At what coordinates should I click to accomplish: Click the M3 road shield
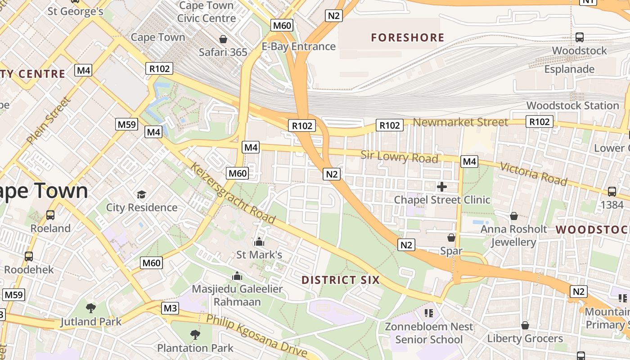click(x=170, y=308)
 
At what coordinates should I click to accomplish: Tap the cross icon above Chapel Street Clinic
click(x=442, y=186)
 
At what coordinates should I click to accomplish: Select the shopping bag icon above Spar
click(x=451, y=237)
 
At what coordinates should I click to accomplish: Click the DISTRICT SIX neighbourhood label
click(x=341, y=280)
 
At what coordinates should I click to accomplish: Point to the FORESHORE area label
click(x=408, y=37)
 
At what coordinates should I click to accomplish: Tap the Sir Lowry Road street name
click(x=399, y=157)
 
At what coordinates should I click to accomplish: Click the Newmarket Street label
click(x=460, y=122)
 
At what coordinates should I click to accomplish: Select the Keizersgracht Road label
click(x=232, y=193)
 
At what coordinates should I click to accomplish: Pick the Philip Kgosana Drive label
click(x=257, y=336)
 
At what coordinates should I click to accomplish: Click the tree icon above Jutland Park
click(x=91, y=308)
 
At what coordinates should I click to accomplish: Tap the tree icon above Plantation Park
click(x=195, y=334)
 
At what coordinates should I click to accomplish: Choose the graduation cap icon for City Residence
click(x=142, y=194)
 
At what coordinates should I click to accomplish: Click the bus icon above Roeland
click(x=50, y=215)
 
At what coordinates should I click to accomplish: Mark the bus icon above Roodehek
click(x=29, y=256)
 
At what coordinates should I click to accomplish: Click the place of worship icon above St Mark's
click(x=259, y=242)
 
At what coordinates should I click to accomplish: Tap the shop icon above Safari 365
click(x=223, y=39)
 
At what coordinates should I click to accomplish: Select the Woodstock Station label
click(x=572, y=105)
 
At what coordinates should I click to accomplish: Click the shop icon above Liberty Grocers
click(x=525, y=325)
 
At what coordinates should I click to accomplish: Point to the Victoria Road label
click(x=533, y=174)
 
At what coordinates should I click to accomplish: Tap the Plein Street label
click(x=49, y=121)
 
